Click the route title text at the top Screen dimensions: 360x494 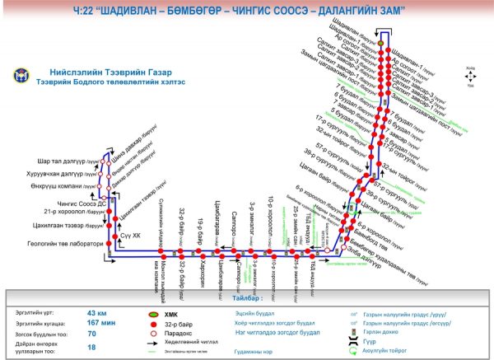click(x=246, y=11)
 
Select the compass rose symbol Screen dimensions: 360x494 click(x=470, y=75)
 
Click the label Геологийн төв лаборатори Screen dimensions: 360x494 click(x=59, y=244)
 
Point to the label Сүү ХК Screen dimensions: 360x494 click(x=131, y=236)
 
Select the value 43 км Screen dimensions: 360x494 click(x=97, y=313)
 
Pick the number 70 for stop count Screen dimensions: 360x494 click(x=91, y=334)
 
